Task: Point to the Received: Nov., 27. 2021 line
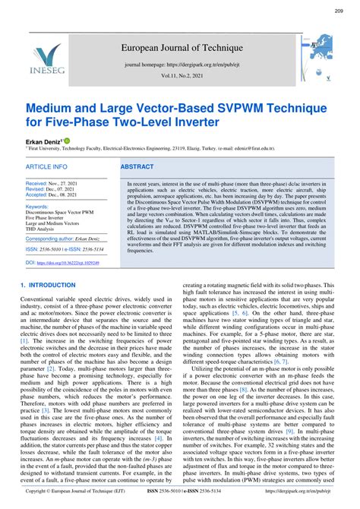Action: (58, 184)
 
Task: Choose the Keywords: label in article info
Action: (41, 206)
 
